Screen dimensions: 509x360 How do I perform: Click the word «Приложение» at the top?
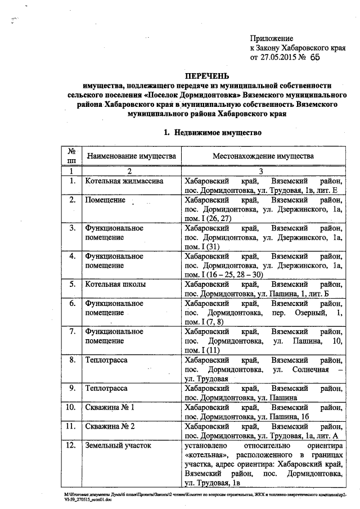[x=272, y=38]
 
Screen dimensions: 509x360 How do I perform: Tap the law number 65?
[x=313, y=57]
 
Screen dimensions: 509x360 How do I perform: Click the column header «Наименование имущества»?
[x=130, y=156]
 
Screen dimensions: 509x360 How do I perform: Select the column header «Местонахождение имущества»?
[x=263, y=156]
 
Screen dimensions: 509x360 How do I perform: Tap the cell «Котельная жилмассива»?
[x=124, y=181]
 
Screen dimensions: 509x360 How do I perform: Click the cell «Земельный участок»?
[x=118, y=445]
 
